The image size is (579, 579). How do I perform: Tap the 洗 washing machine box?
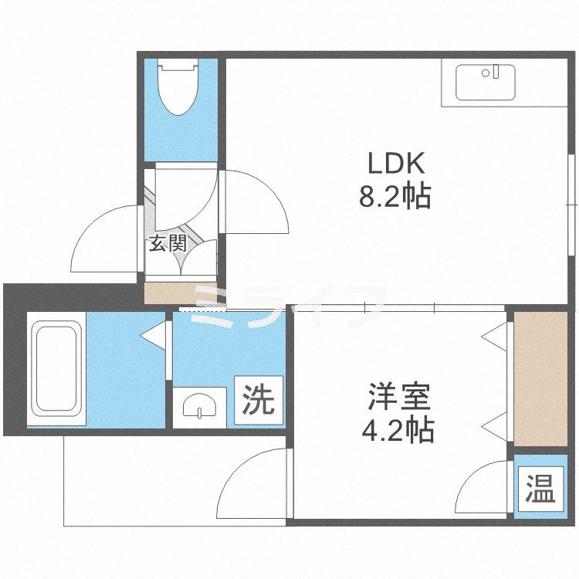(x=259, y=400)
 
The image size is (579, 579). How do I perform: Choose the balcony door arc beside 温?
(x=485, y=490)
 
